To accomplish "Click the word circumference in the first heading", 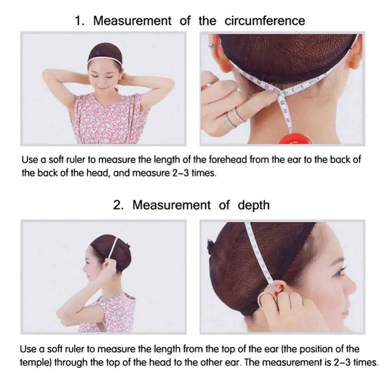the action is pyautogui.click(x=265, y=21).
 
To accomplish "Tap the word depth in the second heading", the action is pyautogui.click(x=254, y=205).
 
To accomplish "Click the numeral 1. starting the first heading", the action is pyautogui.click(x=80, y=21).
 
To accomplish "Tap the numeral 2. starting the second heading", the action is pyautogui.click(x=118, y=205).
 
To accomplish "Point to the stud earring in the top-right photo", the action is pyautogui.click(x=211, y=45).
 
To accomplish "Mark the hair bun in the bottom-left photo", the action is pyautogui.click(x=128, y=246).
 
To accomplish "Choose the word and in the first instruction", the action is pyautogui.click(x=121, y=173).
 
